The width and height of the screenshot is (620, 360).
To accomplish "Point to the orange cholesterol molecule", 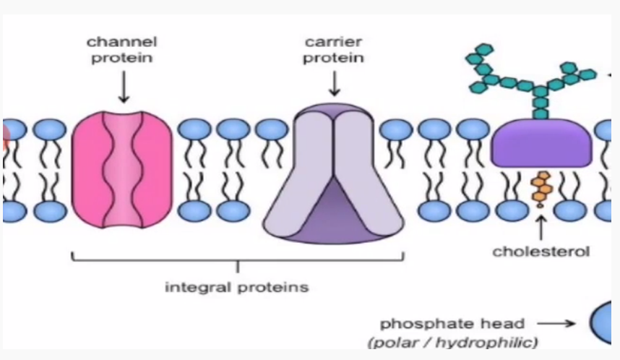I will coord(540,189).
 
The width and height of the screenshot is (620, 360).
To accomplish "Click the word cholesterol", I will coord(541,252).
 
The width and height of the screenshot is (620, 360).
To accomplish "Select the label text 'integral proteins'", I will coord(237,287).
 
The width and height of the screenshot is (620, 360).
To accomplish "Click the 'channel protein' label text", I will coord(122,50).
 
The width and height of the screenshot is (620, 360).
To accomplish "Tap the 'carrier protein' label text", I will coord(333,50).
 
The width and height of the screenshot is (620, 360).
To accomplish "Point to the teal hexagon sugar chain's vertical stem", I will coord(540,105).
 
